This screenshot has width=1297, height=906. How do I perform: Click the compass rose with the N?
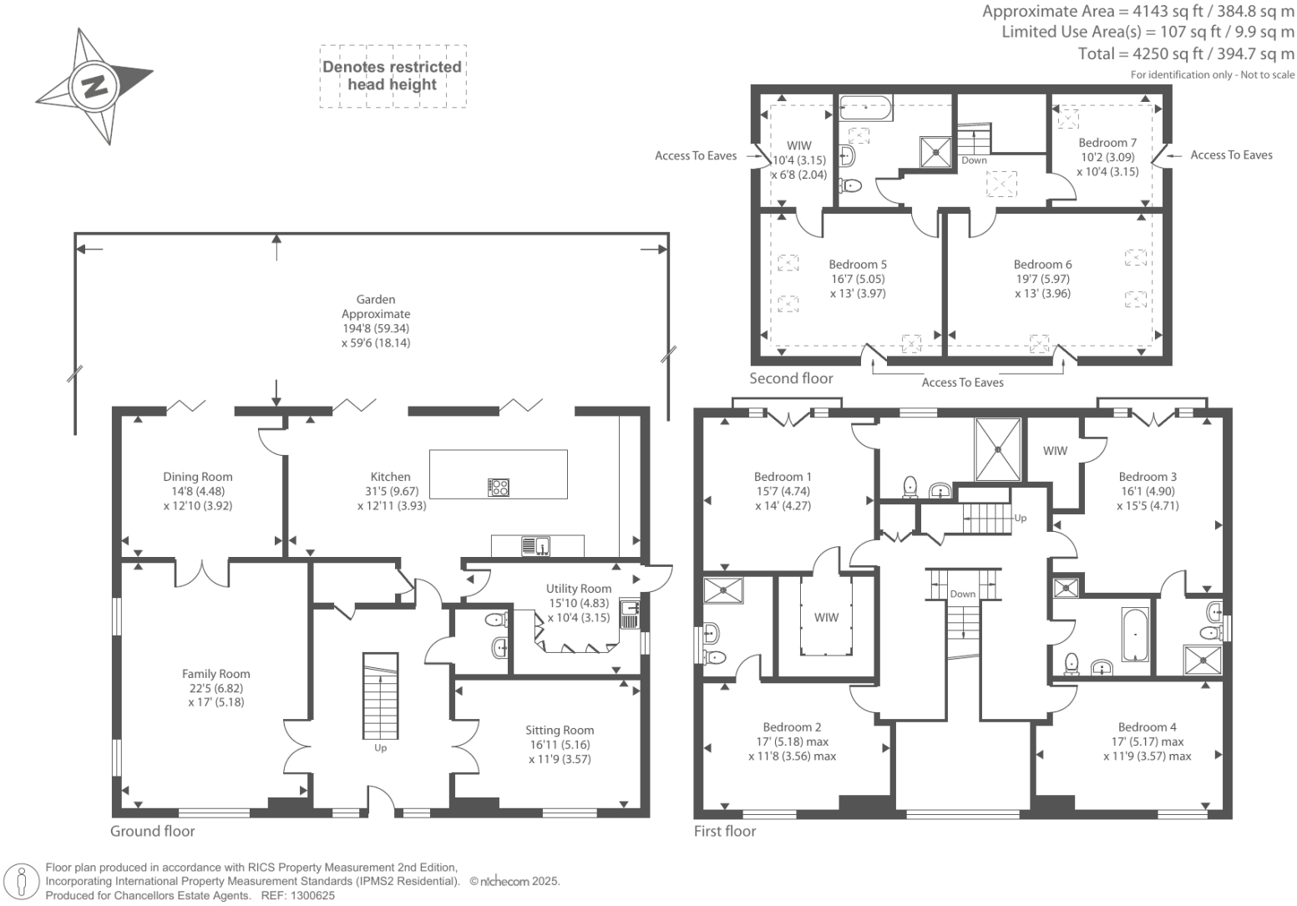pos(93,85)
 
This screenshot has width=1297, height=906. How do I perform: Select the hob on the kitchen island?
pos(499,487)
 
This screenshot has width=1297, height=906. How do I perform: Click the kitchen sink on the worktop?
pos(535,546)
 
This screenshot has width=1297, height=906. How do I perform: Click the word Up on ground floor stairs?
pos(380,748)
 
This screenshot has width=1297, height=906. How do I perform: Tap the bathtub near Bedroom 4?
pos(1135,635)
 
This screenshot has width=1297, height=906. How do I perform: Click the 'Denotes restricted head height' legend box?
pos(393,76)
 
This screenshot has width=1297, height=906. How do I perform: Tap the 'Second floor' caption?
pos(791,378)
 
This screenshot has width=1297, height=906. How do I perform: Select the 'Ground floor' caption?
pos(153,831)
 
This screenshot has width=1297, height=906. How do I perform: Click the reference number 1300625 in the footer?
pos(312,895)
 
